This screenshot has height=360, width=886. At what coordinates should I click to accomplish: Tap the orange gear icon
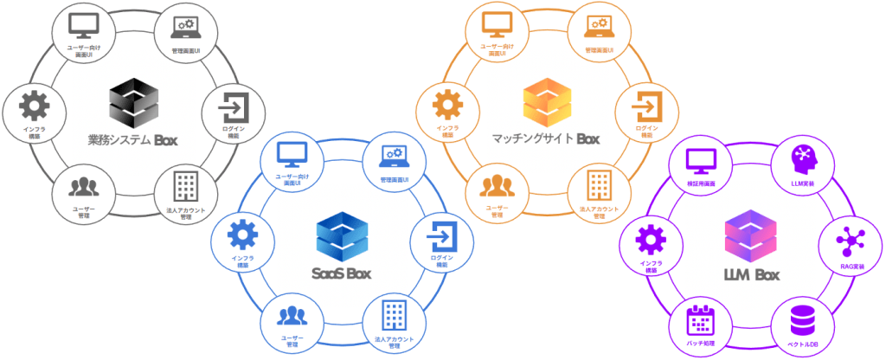coord(448,106)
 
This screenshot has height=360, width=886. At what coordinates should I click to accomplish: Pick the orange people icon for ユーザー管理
coord(495,184)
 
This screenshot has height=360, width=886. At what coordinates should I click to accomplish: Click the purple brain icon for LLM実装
coord(804,158)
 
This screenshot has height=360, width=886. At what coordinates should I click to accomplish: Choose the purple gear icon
coord(649,238)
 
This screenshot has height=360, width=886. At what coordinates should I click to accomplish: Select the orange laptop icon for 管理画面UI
coord(599,24)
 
